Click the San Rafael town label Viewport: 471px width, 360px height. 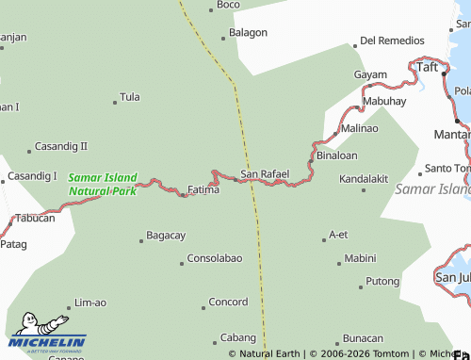(264, 174)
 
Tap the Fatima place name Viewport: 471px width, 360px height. (203, 189)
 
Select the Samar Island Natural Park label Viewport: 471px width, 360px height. (103, 184)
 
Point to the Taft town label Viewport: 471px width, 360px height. (429, 67)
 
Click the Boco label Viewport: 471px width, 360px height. (228, 5)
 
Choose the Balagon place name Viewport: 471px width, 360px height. (249, 32)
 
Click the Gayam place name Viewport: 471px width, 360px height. (370, 74)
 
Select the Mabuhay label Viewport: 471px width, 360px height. (383, 101)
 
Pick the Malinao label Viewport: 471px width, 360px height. (359, 127)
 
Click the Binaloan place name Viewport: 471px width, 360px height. (336, 155)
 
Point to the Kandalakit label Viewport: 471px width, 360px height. (364, 177)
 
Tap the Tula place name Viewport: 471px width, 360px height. (130, 97)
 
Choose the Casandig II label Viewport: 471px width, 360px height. (60, 146)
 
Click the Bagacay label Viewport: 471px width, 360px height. (166, 235)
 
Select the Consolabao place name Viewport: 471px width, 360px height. (215, 258)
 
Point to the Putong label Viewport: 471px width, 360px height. (382, 281)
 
